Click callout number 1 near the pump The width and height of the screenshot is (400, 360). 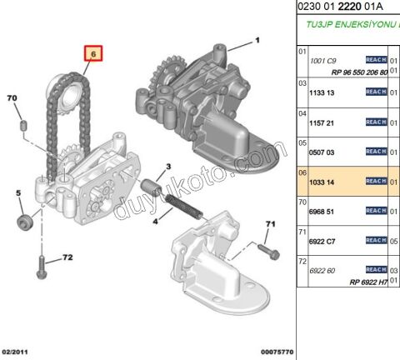coord(257,40)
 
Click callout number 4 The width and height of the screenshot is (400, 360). coord(154,222)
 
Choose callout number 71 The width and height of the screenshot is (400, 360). coord(269,224)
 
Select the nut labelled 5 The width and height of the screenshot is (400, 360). coord(24,222)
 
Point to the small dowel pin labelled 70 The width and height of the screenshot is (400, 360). coord(25,125)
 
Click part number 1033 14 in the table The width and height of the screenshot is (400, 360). coord(322,181)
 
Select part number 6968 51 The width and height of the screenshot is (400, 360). coord(322,212)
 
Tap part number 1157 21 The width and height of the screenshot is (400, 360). coord(322,122)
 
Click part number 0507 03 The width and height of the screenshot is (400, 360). coord(322,152)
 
